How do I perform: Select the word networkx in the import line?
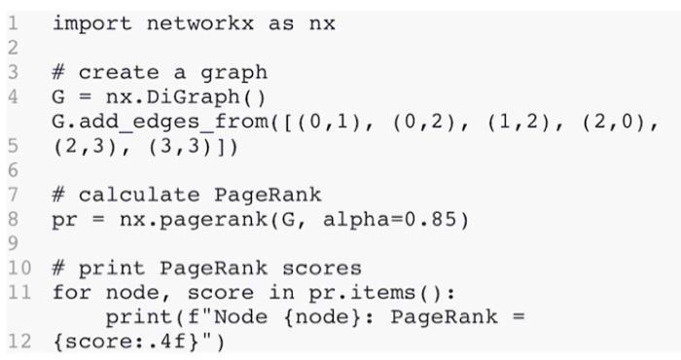tap(198, 22)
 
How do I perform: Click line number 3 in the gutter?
tap(11, 73)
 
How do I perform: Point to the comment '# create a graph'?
tap(159, 73)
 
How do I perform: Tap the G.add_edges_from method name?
tap(152, 124)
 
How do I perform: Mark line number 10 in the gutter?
tap(18, 268)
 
